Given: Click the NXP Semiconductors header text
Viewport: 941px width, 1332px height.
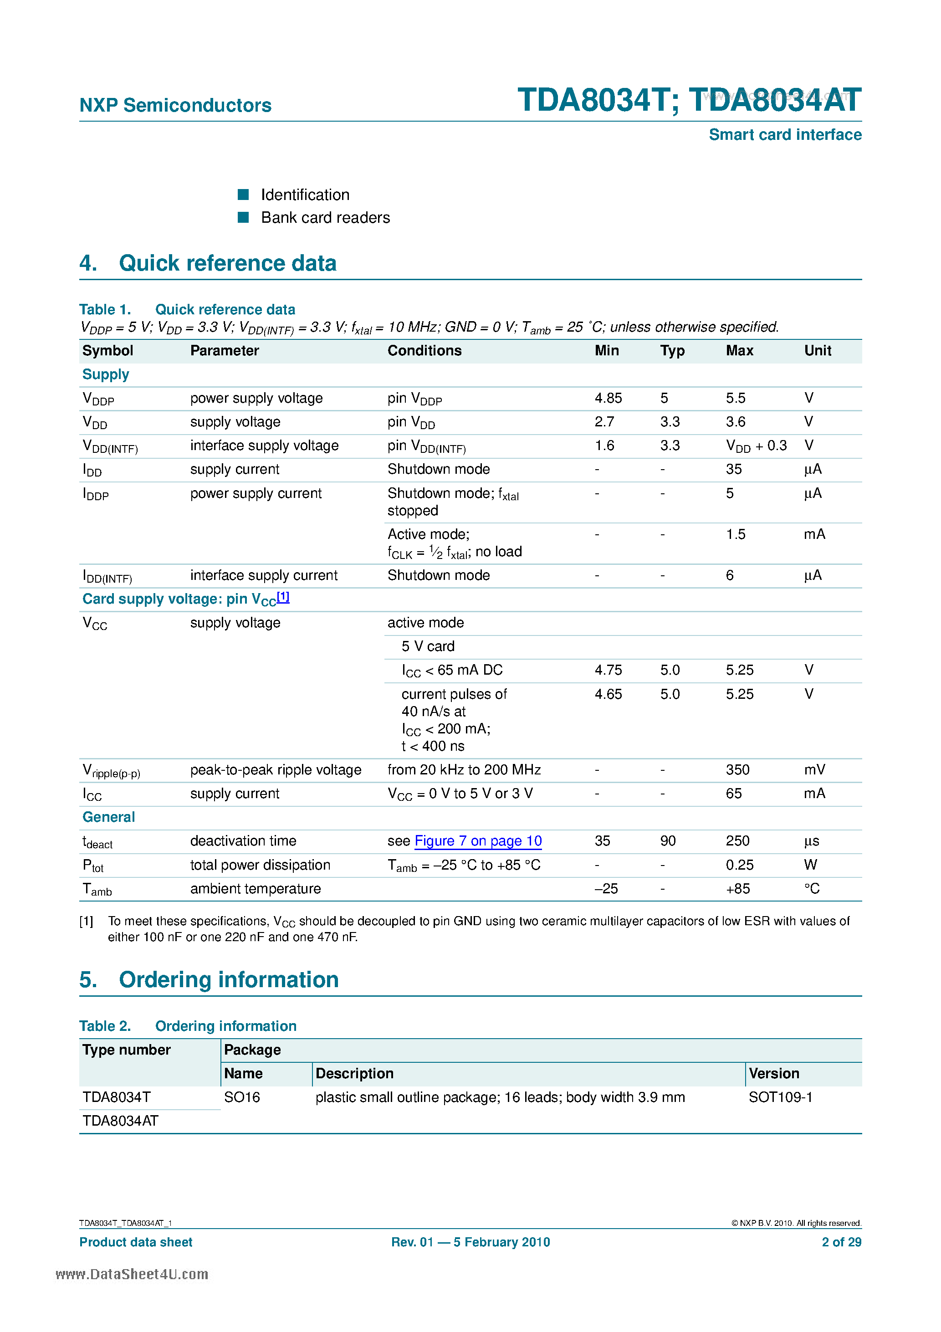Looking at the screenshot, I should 175,105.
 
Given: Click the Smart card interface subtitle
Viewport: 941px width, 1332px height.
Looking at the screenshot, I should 784,134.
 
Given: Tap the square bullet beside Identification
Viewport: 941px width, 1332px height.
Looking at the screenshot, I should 243,195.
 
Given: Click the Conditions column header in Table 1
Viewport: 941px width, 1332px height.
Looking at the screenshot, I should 424,350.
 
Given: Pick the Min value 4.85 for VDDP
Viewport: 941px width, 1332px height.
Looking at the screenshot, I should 608,398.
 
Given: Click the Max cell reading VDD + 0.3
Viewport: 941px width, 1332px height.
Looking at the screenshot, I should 756,446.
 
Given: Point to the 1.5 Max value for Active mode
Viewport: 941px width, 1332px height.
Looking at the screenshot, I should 735,534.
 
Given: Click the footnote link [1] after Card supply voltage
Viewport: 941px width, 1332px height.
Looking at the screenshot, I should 283,596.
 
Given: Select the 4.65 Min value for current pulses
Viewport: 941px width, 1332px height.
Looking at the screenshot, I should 608,694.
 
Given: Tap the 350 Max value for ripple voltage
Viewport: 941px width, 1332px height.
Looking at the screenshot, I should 737,770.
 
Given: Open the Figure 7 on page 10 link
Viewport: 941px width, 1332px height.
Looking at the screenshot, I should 478,841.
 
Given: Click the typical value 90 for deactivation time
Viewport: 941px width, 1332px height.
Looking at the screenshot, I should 668,841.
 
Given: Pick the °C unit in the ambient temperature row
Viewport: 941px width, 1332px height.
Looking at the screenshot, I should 811,889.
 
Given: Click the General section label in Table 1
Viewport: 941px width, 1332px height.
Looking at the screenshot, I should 108,817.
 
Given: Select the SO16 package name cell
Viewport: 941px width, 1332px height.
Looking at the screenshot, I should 242,1097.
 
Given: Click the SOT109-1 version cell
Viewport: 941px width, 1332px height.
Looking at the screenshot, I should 780,1097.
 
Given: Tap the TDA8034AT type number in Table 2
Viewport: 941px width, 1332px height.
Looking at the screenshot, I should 120,1121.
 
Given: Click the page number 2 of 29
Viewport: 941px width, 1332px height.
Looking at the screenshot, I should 841,1242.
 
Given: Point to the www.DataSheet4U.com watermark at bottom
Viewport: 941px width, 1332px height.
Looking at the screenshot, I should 132,1274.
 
